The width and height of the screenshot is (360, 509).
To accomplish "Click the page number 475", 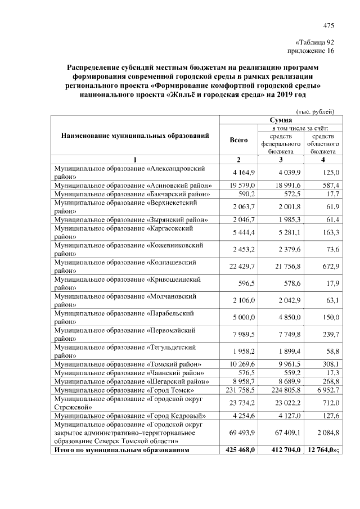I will (x=329, y=25).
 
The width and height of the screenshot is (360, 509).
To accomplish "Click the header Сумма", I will (x=280, y=120).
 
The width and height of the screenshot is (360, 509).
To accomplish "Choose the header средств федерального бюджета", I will (x=281, y=143).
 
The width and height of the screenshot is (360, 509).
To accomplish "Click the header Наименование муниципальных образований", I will (x=135, y=136).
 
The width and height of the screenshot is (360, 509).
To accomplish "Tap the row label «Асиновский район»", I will (x=132, y=184).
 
